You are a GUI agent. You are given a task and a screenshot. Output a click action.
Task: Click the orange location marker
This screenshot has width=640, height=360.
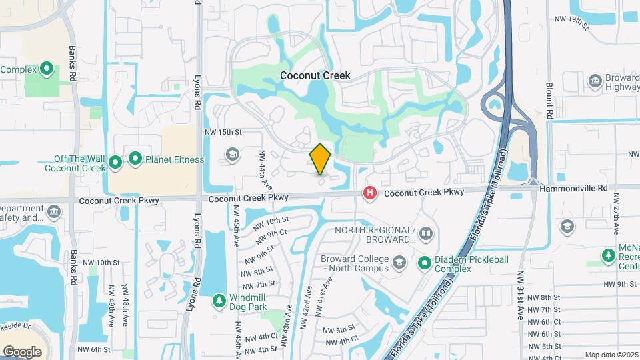coord(321,159)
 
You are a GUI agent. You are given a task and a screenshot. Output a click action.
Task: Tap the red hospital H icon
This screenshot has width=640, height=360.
coord(370,193)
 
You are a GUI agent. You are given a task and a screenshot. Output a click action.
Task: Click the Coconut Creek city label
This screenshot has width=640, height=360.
coord(315,76)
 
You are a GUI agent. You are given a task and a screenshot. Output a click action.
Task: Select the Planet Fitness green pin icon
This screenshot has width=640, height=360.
coord(135,159)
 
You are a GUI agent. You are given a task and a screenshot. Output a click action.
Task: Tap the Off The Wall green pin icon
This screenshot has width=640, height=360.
coord(115,161)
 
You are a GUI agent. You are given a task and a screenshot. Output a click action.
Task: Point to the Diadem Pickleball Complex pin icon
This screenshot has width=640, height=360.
coord(424,264)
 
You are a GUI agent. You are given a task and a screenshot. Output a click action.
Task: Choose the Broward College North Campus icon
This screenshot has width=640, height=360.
coord(399,261)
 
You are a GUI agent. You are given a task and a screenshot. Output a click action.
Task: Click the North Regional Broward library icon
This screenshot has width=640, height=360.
coord(426,234)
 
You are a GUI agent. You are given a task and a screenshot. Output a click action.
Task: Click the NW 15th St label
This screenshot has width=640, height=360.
coord(223,133)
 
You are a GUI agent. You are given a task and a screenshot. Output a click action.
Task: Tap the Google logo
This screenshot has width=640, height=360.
coord(23,351)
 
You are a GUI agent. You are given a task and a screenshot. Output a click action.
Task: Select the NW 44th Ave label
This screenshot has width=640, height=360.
coord(265,169)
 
